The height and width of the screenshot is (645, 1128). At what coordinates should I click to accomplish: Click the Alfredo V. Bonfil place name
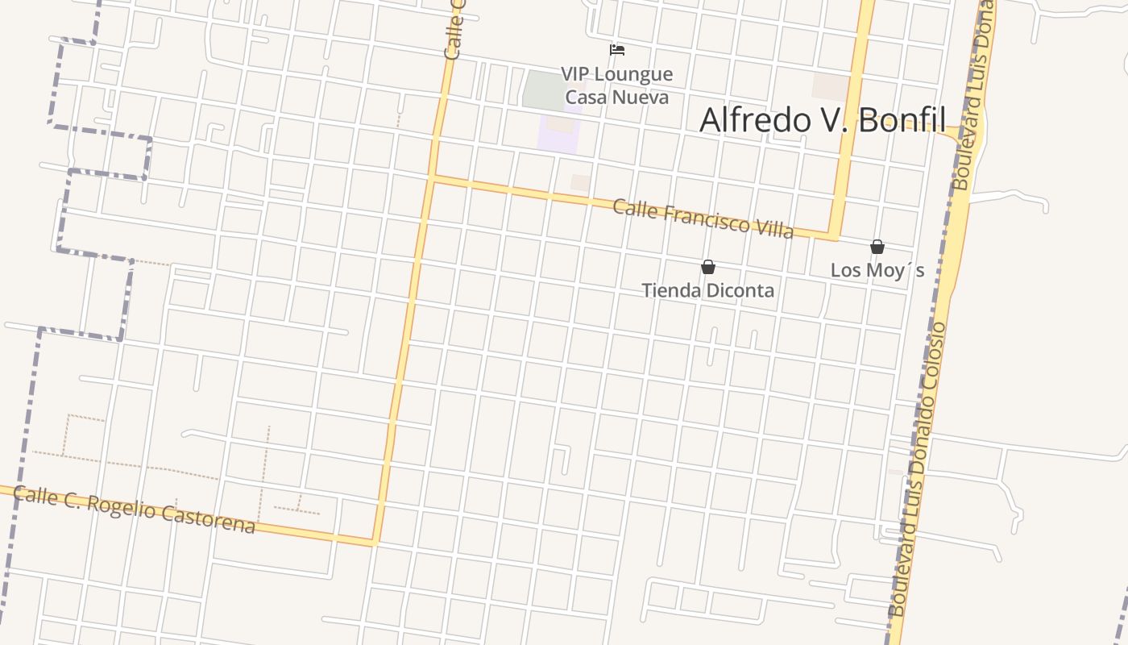(822, 120)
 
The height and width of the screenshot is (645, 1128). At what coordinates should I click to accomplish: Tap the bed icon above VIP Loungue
(617, 50)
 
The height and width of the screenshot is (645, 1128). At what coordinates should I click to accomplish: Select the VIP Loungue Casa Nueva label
(616, 85)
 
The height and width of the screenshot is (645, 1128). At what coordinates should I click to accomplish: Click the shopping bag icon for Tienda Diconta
(708, 267)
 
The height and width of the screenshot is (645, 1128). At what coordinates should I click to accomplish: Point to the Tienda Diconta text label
(707, 290)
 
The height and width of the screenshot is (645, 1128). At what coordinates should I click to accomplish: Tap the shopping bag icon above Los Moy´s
(877, 247)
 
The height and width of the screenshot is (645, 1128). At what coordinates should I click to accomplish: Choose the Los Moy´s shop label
(877, 270)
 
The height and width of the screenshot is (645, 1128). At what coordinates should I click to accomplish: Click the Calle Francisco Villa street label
(703, 219)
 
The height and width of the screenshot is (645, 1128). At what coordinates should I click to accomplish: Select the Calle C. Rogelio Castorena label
(135, 510)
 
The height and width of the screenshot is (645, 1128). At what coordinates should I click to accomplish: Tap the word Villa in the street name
(772, 229)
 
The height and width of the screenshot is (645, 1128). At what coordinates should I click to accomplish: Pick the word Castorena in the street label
(209, 518)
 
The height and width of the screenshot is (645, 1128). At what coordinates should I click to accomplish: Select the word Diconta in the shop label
(739, 290)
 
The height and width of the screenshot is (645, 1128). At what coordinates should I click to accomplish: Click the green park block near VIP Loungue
(544, 89)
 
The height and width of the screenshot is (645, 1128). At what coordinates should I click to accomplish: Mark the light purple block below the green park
(559, 132)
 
